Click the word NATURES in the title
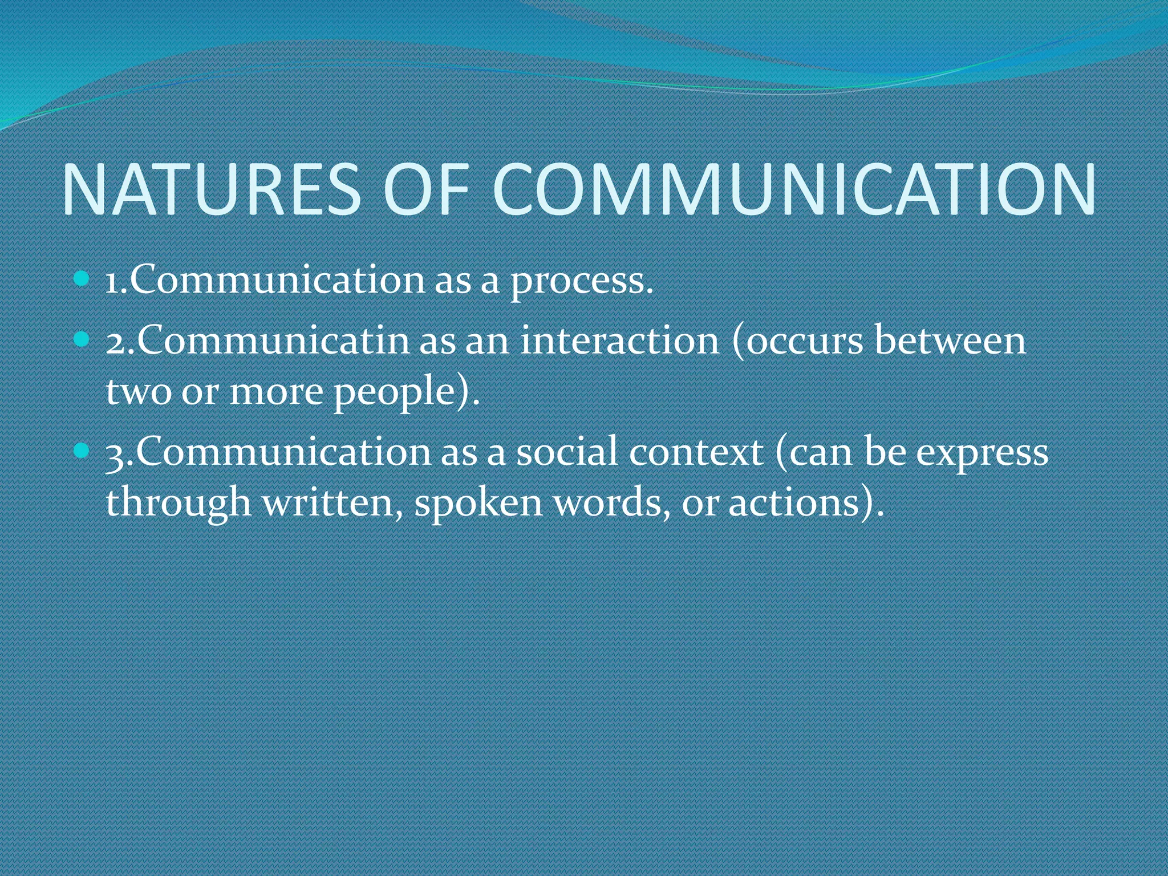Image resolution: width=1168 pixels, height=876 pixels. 211,190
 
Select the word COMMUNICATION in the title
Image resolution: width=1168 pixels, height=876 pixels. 793,190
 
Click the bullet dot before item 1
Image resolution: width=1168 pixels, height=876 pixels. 82,279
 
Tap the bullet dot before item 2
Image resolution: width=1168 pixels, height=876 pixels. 82,340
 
